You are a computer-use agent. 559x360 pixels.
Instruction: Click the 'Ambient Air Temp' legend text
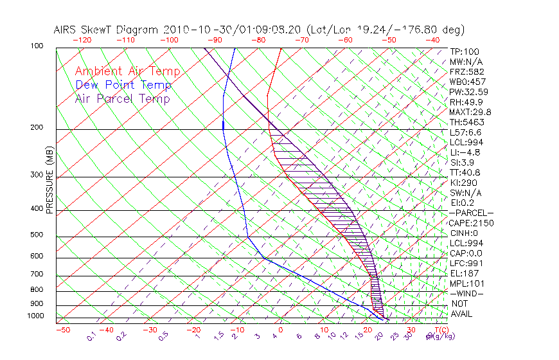click(x=127, y=71)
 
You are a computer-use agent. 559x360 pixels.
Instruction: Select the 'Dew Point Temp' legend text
click(x=123, y=85)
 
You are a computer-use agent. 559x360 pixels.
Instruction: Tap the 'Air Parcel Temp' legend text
click(x=122, y=98)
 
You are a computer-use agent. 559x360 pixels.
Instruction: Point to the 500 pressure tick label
click(x=36, y=235)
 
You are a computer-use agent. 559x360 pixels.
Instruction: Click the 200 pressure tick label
click(x=36, y=128)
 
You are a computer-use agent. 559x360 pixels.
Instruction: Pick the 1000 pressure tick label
click(x=35, y=316)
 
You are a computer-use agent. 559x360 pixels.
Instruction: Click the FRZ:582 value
click(x=466, y=72)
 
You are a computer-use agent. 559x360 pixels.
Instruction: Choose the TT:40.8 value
click(x=465, y=172)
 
